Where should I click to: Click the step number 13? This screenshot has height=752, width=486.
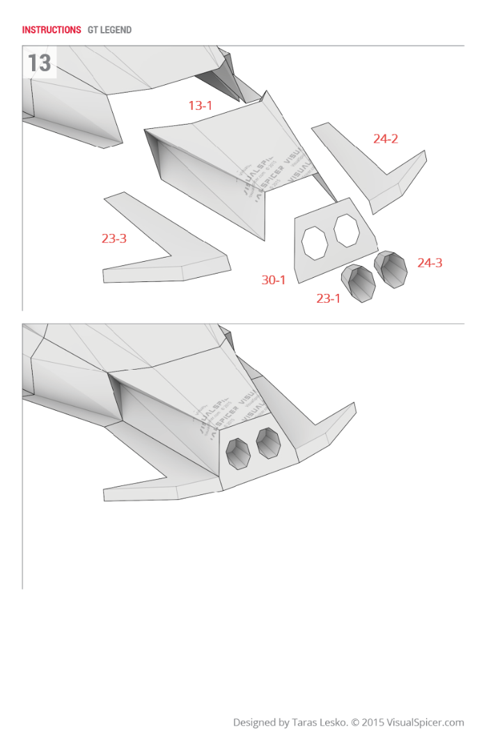click(39, 63)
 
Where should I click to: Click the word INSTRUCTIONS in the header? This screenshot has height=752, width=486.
click(52, 30)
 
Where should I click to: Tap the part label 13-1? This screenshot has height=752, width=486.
click(200, 106)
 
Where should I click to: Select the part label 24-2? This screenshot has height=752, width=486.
click(385, 139)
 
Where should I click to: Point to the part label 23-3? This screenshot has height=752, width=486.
click(114, 238)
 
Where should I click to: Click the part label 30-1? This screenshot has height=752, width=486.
click(274, 280)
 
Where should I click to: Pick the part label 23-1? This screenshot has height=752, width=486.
click(329, 299)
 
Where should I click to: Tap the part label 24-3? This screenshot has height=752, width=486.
click(430, 263)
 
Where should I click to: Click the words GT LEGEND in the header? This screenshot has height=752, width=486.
click(109, 30)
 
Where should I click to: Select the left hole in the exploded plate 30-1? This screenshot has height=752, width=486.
click(314, 243)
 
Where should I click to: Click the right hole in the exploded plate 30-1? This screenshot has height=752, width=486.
click(346, 230)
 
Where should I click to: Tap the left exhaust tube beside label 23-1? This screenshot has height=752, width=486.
click(359, 283)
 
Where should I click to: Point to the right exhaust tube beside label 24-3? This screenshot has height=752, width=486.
click(391, 269)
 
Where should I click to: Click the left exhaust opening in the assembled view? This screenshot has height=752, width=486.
click(239, 453)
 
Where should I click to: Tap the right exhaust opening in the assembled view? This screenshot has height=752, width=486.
click(268, 443)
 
